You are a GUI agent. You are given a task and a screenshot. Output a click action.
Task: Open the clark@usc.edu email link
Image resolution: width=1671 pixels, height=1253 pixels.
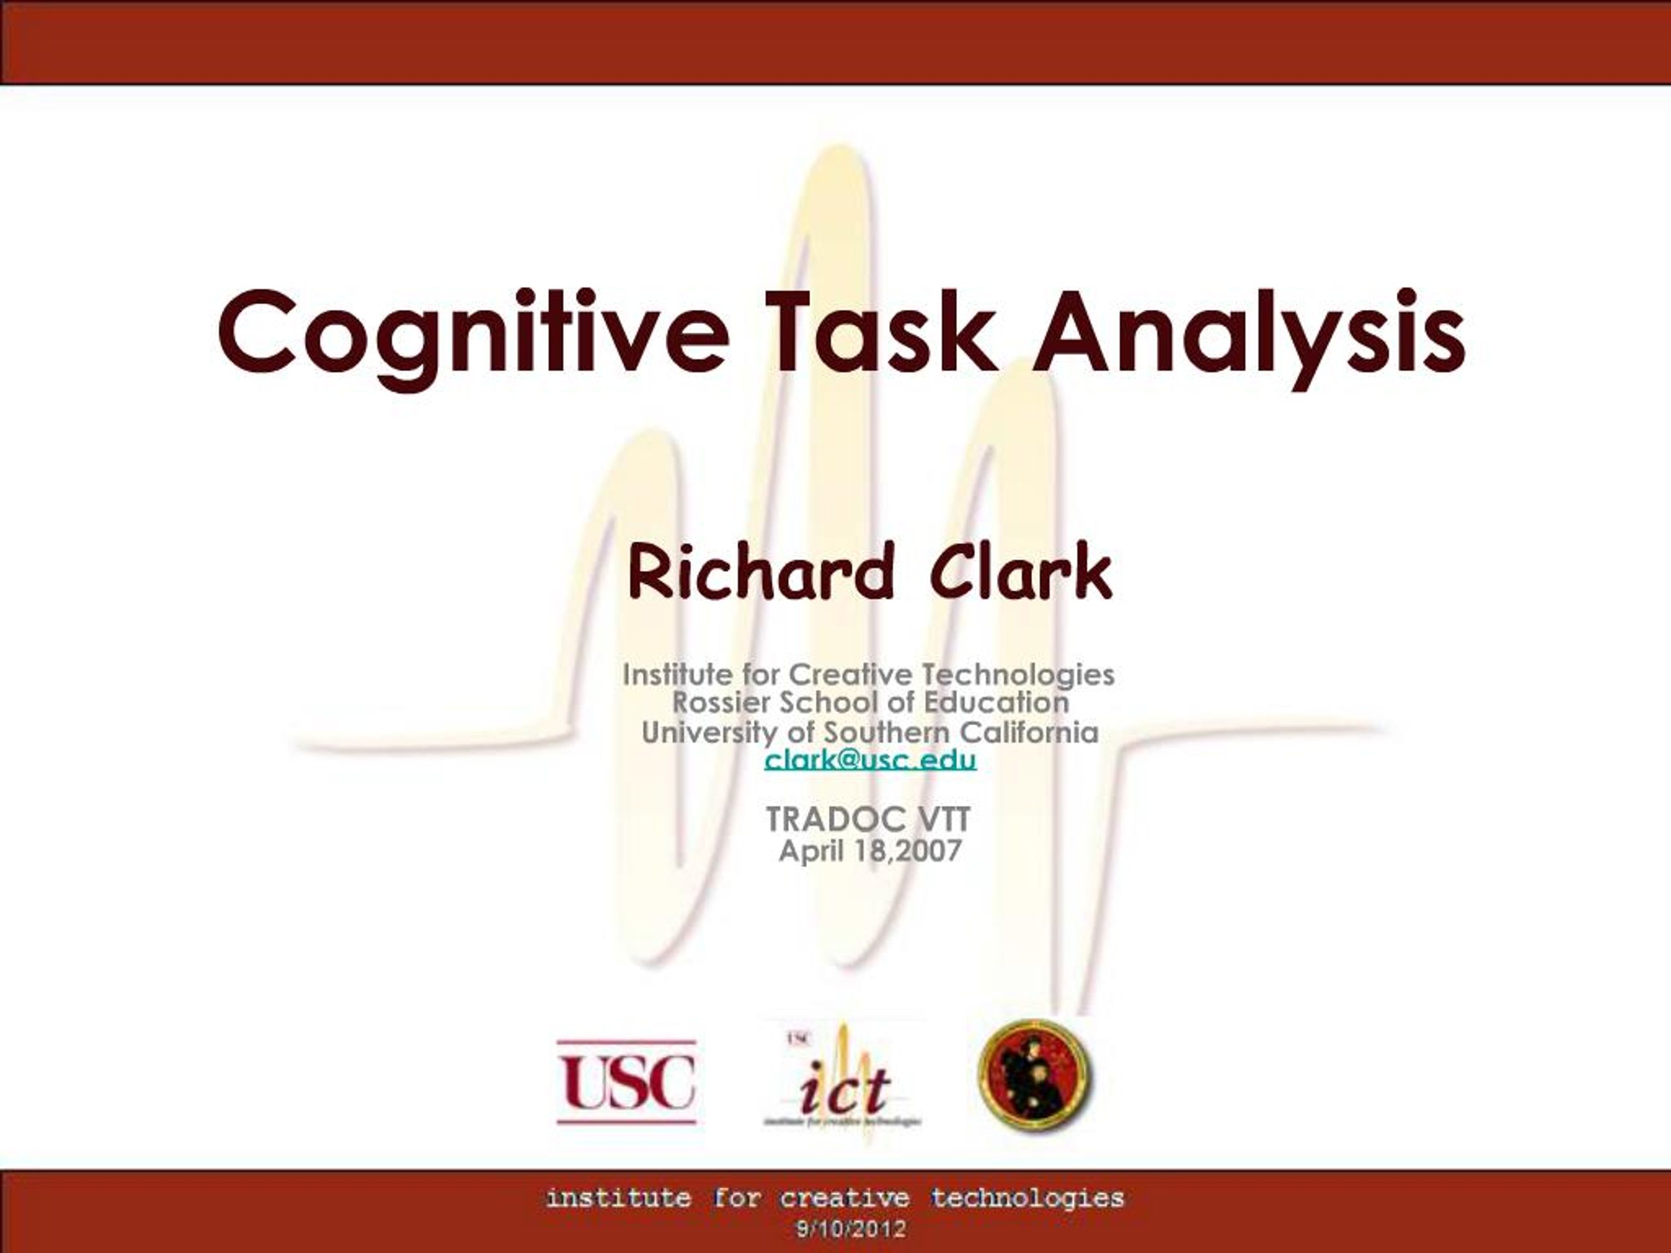[x=870, y=759]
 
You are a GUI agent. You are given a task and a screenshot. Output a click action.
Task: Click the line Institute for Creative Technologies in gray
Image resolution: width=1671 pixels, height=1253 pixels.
[x=869, y=673]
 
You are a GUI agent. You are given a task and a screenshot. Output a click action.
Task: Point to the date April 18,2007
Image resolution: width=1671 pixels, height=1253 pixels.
[x=869, y=851]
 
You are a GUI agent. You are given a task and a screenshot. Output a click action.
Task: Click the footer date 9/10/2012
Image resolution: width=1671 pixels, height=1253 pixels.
[x=850, y=1230]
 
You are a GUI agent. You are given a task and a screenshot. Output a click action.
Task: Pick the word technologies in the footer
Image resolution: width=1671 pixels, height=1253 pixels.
[x=1027, y=1199]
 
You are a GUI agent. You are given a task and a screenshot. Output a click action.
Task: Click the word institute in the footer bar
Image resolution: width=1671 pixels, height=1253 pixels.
[x=618, y=1199]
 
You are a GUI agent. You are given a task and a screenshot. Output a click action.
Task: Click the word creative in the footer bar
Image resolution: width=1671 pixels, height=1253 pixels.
[x=845, y=1199]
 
